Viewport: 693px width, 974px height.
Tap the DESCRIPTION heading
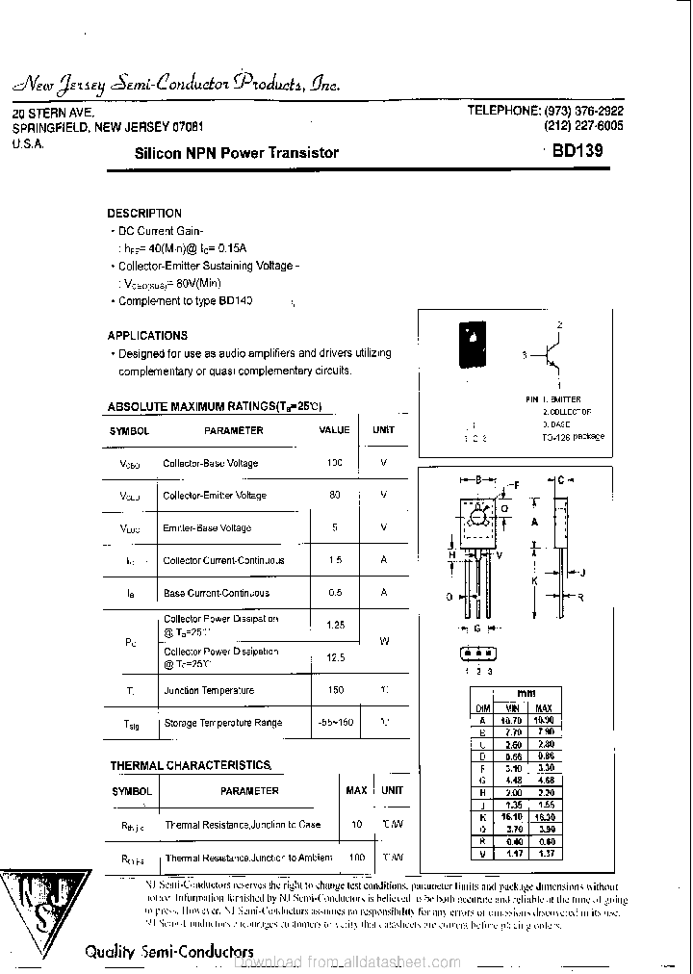144,213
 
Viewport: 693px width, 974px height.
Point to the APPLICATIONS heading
147,336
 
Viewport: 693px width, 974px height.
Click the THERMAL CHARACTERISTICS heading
190,765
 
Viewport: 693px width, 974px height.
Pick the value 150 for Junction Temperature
334,690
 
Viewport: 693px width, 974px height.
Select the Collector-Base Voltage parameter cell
210,463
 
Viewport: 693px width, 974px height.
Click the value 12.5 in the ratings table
334,658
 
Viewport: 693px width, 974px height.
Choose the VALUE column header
334,430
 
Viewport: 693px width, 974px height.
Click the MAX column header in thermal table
356,790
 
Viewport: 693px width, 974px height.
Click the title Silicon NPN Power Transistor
236,152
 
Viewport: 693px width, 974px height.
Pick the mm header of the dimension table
526,693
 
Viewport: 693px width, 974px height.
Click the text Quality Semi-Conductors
155,951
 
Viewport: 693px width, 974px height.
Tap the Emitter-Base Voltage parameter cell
207,527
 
